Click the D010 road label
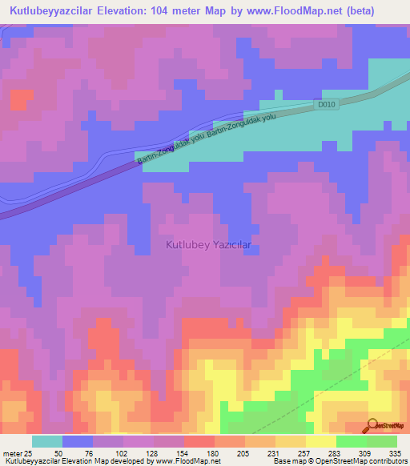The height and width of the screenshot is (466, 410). click(x=325, y=104)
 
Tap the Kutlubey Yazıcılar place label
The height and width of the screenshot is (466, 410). click(x=208, y=245)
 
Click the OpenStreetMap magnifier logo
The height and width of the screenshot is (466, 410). click(x=374, y=424)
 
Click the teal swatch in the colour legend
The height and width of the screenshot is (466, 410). click(x=47, y=441)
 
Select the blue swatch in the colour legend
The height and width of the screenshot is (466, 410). click(x=78, y=441)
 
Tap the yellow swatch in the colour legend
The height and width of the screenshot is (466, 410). click(x=321, y=441)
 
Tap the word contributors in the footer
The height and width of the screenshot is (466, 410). click(x=390, y=462)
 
